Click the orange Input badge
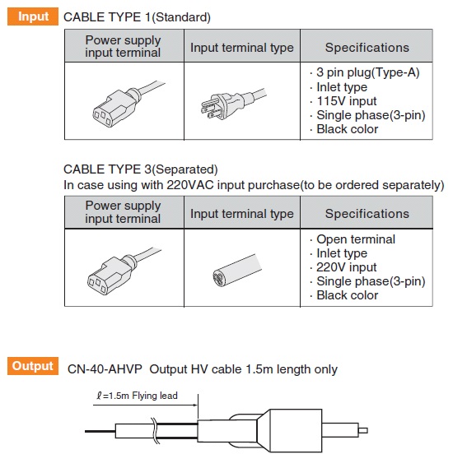click(33, 16)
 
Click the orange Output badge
click(33, 366)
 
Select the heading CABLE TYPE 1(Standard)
click(137, 17)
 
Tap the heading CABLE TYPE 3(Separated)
click(141, 169)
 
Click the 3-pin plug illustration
click(233, 103)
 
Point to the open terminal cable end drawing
click(237, 270)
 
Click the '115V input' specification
click(347, 101)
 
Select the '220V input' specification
click(347, 267)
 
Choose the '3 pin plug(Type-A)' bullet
click(368, 72)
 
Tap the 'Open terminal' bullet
click(356, 239)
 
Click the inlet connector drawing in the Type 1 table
click(128, 104)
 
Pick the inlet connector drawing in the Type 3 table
click(124, 271)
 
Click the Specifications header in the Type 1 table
click(367, 48)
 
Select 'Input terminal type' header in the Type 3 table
click(242, 214)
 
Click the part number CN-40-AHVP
click(105, 369)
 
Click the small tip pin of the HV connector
click(363, 430)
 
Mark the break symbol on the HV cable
click(155, 430)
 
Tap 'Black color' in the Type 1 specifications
click(348, 129)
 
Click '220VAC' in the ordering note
click(190, 185)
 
